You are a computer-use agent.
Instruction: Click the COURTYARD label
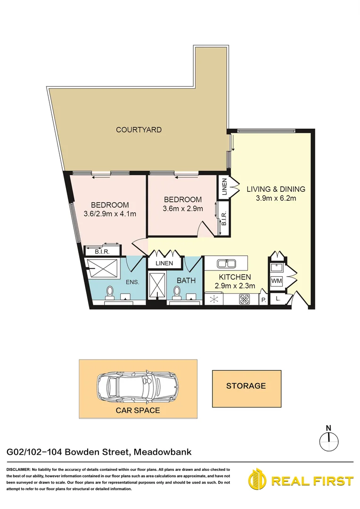pyautogui.click(x=139, y=130)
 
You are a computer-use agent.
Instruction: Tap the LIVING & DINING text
pyautogui.click(x=276, y=189)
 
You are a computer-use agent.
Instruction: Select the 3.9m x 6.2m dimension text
pyautogui.click(x=276, y=198)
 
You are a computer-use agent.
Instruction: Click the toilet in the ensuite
pyautogui.click(x=110, y=293)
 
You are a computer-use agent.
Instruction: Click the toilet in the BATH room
pyautogui.click(x=177, y=293)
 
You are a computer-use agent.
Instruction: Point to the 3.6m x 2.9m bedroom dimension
pyautogui.click(x=182, y=208)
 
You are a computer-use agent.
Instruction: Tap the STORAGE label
pyautogui.click(x=246, y=386)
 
